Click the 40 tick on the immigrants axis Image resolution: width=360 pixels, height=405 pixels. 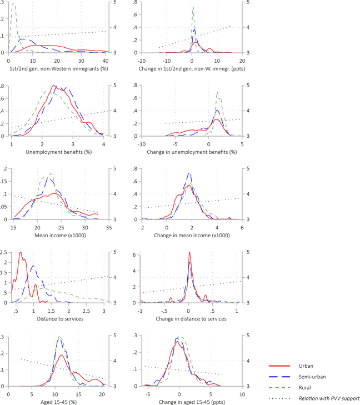(x=106, y=60)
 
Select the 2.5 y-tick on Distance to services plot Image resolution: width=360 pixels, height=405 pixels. (x=4, y=252)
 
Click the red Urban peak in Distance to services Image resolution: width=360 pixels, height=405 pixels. (x=21, y=253)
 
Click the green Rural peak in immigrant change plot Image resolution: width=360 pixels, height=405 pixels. (x=193, y=8)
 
